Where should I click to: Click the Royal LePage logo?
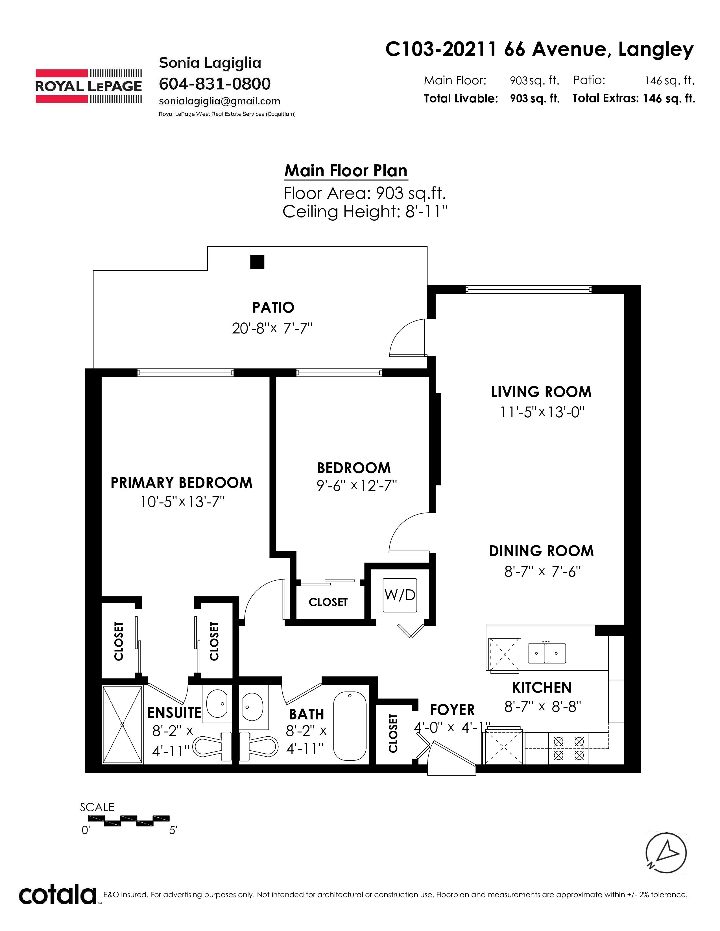88,86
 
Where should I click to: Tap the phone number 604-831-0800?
215,84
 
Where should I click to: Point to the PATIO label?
273,307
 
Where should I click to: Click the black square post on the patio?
257,262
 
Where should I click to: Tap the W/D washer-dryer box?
400,595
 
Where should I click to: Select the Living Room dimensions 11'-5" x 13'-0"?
542,412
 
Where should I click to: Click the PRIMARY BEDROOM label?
181,482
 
